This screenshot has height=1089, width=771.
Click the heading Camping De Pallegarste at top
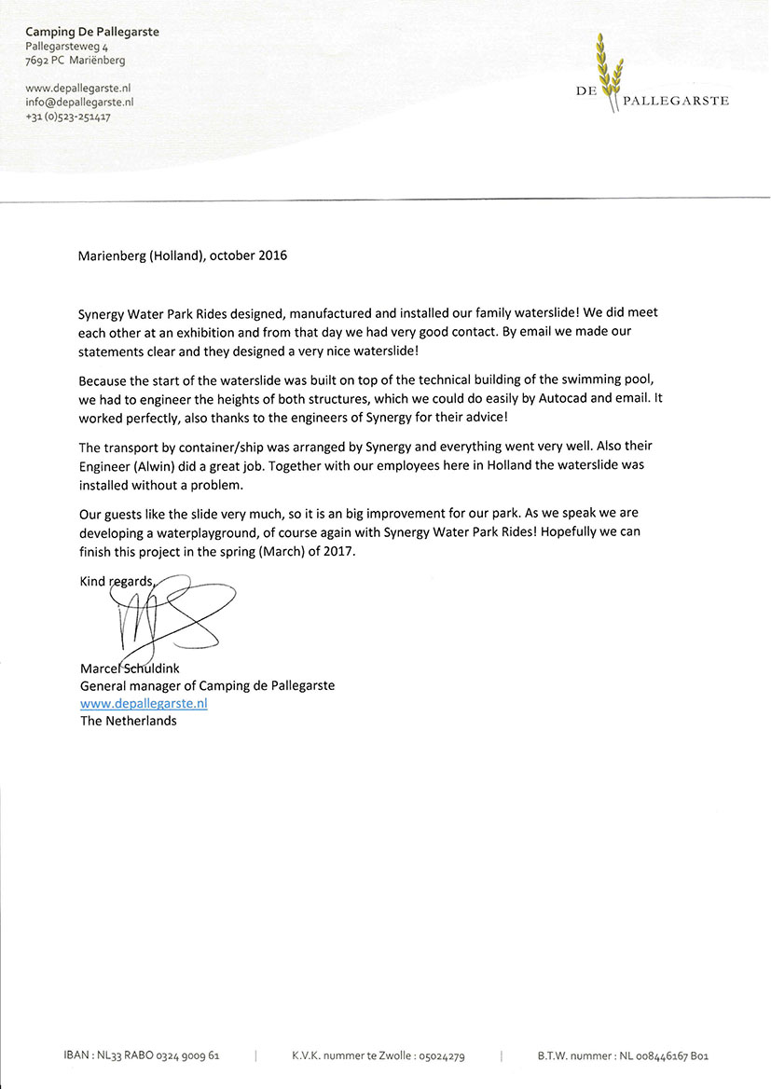[x=92, y=32]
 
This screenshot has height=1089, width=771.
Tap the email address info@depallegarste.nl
[x=79, y=103]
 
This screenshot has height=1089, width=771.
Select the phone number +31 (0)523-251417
[x=68, y=117]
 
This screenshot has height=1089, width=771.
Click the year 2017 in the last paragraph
[x=340, y=551]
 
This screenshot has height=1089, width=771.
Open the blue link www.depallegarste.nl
[x=144, y=703]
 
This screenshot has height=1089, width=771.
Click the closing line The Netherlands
[x=128, y=721]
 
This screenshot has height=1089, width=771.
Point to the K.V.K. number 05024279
[x=441, y=1056]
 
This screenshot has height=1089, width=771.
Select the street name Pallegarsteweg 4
[x=66, y=46]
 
